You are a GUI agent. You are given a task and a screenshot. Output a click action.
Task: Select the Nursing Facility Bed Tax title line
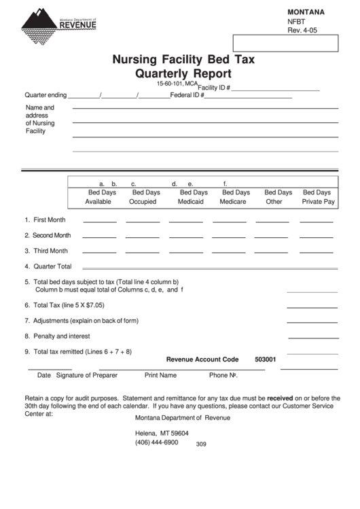[183, 59]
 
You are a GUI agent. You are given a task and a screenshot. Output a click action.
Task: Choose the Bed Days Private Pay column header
[318, 197]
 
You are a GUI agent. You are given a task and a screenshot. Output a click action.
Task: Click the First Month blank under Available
[99, 222]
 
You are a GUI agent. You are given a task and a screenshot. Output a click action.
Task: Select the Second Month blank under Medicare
[230, 237]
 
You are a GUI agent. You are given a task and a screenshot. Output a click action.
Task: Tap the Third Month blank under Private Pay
[317, 253]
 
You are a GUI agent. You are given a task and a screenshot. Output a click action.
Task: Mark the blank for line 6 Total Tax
[312, 306]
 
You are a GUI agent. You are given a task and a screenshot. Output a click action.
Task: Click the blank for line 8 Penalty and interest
[312, 338]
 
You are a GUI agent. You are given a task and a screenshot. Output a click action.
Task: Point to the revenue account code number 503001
[266, 359]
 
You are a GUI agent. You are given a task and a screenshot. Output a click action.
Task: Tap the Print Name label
[160, 375]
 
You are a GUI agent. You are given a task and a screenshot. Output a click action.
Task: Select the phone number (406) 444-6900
[156, 442]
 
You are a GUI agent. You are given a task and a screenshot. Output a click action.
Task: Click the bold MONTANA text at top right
[306, 12]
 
